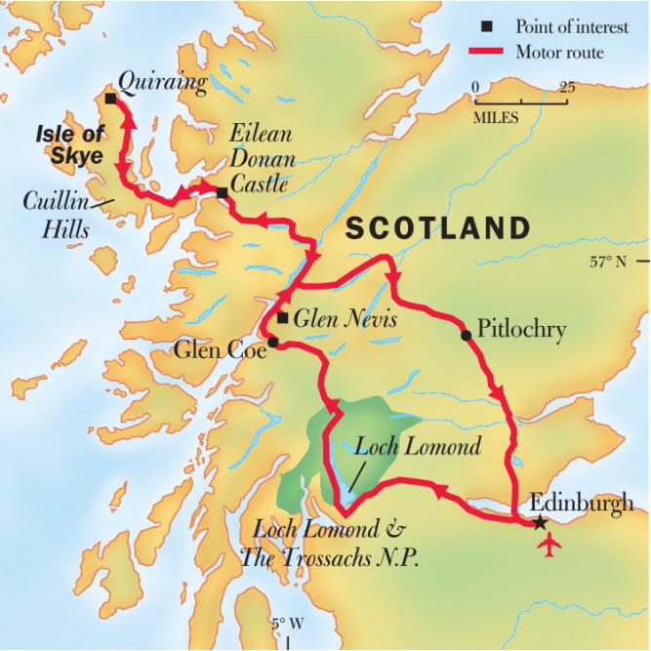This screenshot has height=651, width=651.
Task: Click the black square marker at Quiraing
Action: point(110,100)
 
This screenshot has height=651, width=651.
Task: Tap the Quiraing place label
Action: point(161,84)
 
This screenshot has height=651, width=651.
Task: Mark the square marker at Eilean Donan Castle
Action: point(223,192)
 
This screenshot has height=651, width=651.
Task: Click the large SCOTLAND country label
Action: point(438,228)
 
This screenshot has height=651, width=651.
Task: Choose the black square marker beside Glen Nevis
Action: point(282,318)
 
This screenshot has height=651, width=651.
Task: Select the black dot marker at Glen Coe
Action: point(274,343)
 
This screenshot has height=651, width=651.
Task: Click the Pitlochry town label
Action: point(522,330)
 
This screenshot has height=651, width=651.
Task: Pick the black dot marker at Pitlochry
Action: point(466,335)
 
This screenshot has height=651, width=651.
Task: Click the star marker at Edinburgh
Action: point(541,523)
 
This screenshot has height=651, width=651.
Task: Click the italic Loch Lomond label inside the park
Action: point(418,448)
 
